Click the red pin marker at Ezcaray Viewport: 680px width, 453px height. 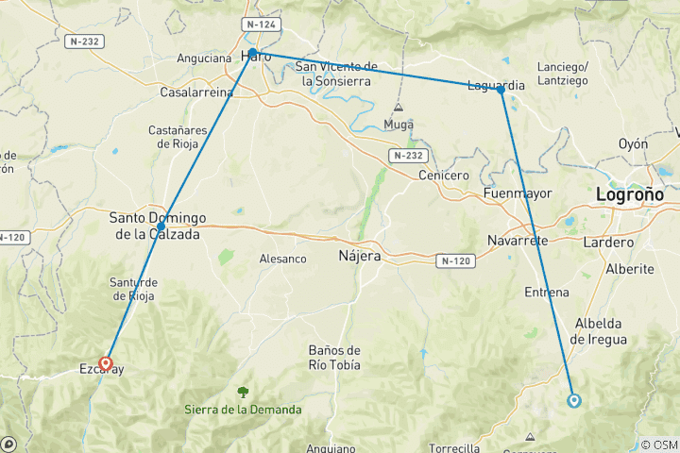tap(106, 363)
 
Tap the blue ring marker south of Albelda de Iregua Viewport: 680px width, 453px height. tap(574, 400)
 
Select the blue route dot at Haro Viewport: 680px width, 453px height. tap(253, 53)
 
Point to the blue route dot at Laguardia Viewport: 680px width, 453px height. tap(501, 90)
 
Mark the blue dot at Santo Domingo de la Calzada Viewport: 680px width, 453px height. tap(161, 226)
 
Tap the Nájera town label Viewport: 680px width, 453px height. tap(359, 256)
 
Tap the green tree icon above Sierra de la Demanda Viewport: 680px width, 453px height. tap(244, 391)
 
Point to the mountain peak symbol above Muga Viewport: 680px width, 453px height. tap(399, 108)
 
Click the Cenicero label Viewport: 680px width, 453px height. tap(442, 176)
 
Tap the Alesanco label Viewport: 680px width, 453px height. tap(283, 259)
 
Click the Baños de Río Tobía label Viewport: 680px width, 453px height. tap(334, 359)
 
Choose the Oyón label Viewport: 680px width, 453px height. tap(633, 143)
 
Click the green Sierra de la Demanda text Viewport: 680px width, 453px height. tap(244, 410)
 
